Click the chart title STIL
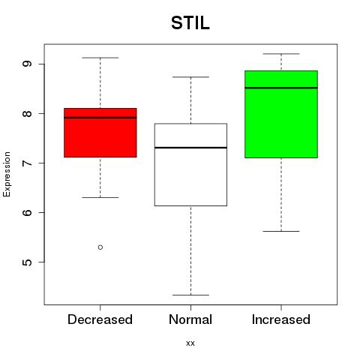190,23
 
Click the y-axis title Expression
7,174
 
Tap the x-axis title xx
190,343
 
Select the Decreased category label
100,319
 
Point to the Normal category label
190,319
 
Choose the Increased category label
281,319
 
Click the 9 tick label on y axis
27,64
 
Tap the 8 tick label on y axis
27,113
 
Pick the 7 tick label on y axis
27,163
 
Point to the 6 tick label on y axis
27,212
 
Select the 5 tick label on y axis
27,262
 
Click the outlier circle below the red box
100,247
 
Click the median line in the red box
100,118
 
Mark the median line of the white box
190,148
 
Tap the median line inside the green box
281,88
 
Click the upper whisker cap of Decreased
100,58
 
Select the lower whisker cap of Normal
190,295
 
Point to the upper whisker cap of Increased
281,54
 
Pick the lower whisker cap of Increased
281,231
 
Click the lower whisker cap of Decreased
100,197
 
